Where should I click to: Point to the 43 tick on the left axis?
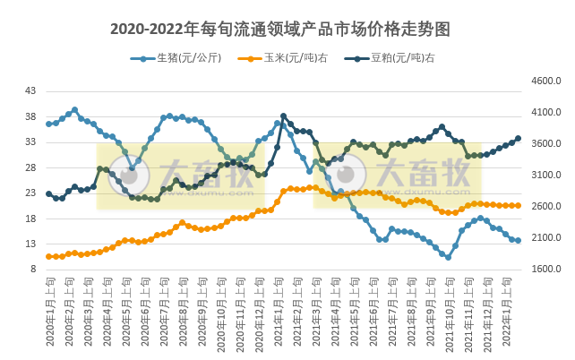click(30, 91)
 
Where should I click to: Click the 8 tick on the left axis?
click(33, 270)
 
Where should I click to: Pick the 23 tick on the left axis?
click(30, 193)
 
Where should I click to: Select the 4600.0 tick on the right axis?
click(545, 81)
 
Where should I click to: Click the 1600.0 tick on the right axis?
click(545, 270)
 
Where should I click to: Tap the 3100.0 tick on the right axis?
click(545, 176)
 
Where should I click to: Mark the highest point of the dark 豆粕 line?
click(284, 116)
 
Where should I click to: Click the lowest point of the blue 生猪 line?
click(448, 257)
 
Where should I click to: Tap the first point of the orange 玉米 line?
click(48, 256)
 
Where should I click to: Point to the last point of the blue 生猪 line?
click(518, 240)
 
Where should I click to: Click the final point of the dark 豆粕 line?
click(518, 138)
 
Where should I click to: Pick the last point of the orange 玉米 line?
click(518, 205)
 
